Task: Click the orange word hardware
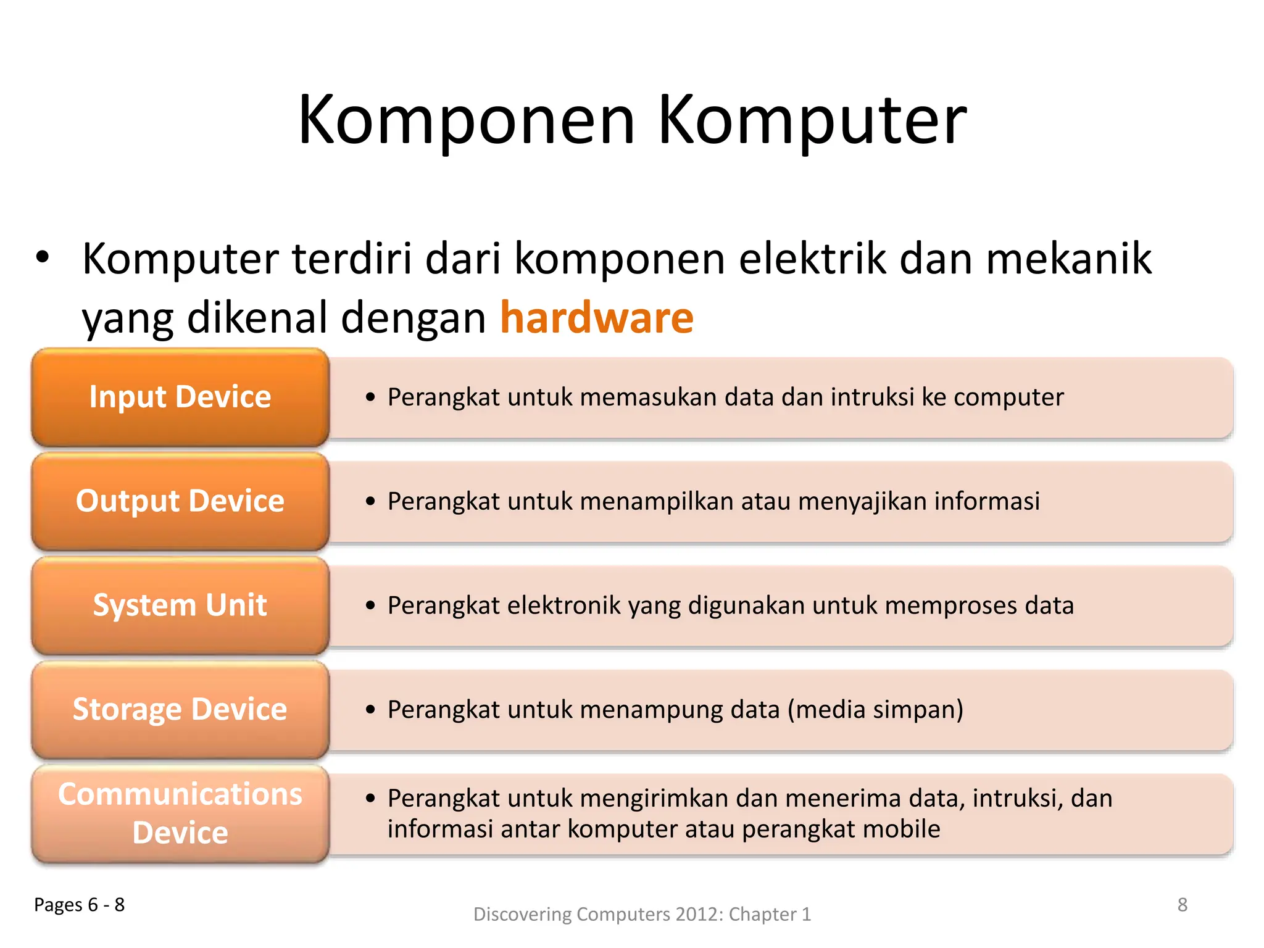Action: coord(596,318)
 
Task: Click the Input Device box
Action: coord(180,397)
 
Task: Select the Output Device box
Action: coord(180,501)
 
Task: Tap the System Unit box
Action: coord(180,605)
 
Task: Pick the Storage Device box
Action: coord(180,710)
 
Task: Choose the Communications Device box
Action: coord(180,813)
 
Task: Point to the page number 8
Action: coord(1182,905)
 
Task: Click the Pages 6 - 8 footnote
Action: coord(79,905)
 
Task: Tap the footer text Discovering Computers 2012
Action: coord(642,914)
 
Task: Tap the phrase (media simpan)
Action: coord(875,710)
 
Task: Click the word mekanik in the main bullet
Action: coord(1068,259)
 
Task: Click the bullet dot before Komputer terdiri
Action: coord(42,258)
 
